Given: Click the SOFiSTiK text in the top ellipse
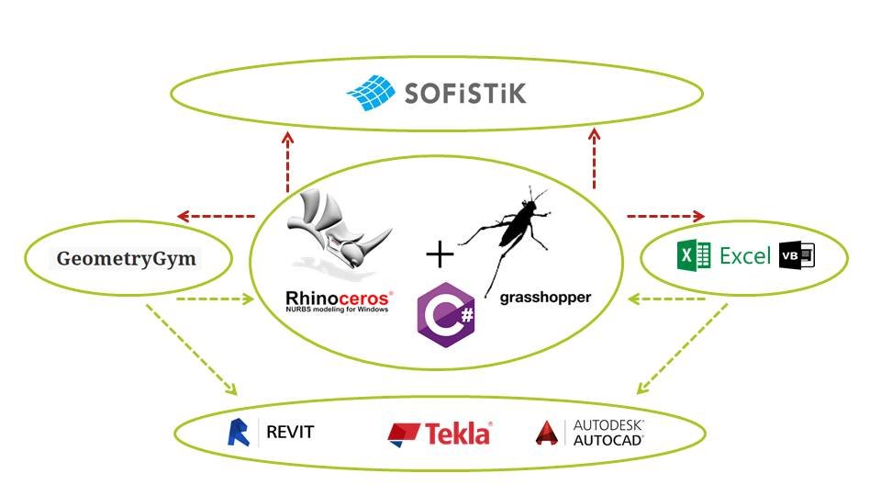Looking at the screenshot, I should point(466,93).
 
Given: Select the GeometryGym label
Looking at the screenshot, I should point(127,259).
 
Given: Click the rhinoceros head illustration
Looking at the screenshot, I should point(335,234).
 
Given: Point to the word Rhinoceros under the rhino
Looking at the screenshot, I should point(339,298).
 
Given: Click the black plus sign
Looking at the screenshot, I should point(440,254).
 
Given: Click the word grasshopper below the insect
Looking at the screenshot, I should point(545,298).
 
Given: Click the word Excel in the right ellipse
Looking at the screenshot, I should point(744,256).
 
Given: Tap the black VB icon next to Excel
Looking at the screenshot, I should point(796,256).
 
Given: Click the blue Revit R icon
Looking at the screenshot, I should point(239,432).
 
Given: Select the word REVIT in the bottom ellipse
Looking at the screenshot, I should point(289,432).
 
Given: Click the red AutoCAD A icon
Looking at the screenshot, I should point(549,434).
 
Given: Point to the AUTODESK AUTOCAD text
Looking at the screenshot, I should point(608,433).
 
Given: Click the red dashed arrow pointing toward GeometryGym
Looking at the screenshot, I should point(216,217).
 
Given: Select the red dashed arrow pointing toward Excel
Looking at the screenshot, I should point(665,217).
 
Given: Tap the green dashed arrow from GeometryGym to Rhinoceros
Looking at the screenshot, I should point(213,299).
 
